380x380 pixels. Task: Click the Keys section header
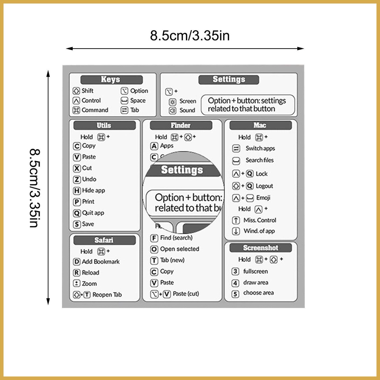tap(111, 79)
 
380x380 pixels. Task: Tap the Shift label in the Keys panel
tap(88, 91)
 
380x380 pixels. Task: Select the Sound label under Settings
tap(187, 110)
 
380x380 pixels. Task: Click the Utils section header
tap(104, 125)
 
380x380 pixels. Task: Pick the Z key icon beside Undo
tap(77, 180)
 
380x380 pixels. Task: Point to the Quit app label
tap(93, 213)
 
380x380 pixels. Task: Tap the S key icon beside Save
tap(77, 225)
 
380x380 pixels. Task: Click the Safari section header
tap(104, 240)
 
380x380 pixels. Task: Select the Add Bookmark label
tap(101, 262)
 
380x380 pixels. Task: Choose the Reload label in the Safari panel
tap(91, 273)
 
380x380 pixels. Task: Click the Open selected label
tap(180, 249)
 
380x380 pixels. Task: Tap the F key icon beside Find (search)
tap(154, 238)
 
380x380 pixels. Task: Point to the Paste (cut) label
tap(186, 294)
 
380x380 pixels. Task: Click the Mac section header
tap(260, 125)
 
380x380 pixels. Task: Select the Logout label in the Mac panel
tap(264, 186)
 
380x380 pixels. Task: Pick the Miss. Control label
tap(260, 220)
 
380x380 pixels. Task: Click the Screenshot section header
tap(261, 248)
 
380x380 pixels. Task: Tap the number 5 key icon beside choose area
tap(235, 294)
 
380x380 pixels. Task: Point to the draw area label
tap(256, 283)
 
